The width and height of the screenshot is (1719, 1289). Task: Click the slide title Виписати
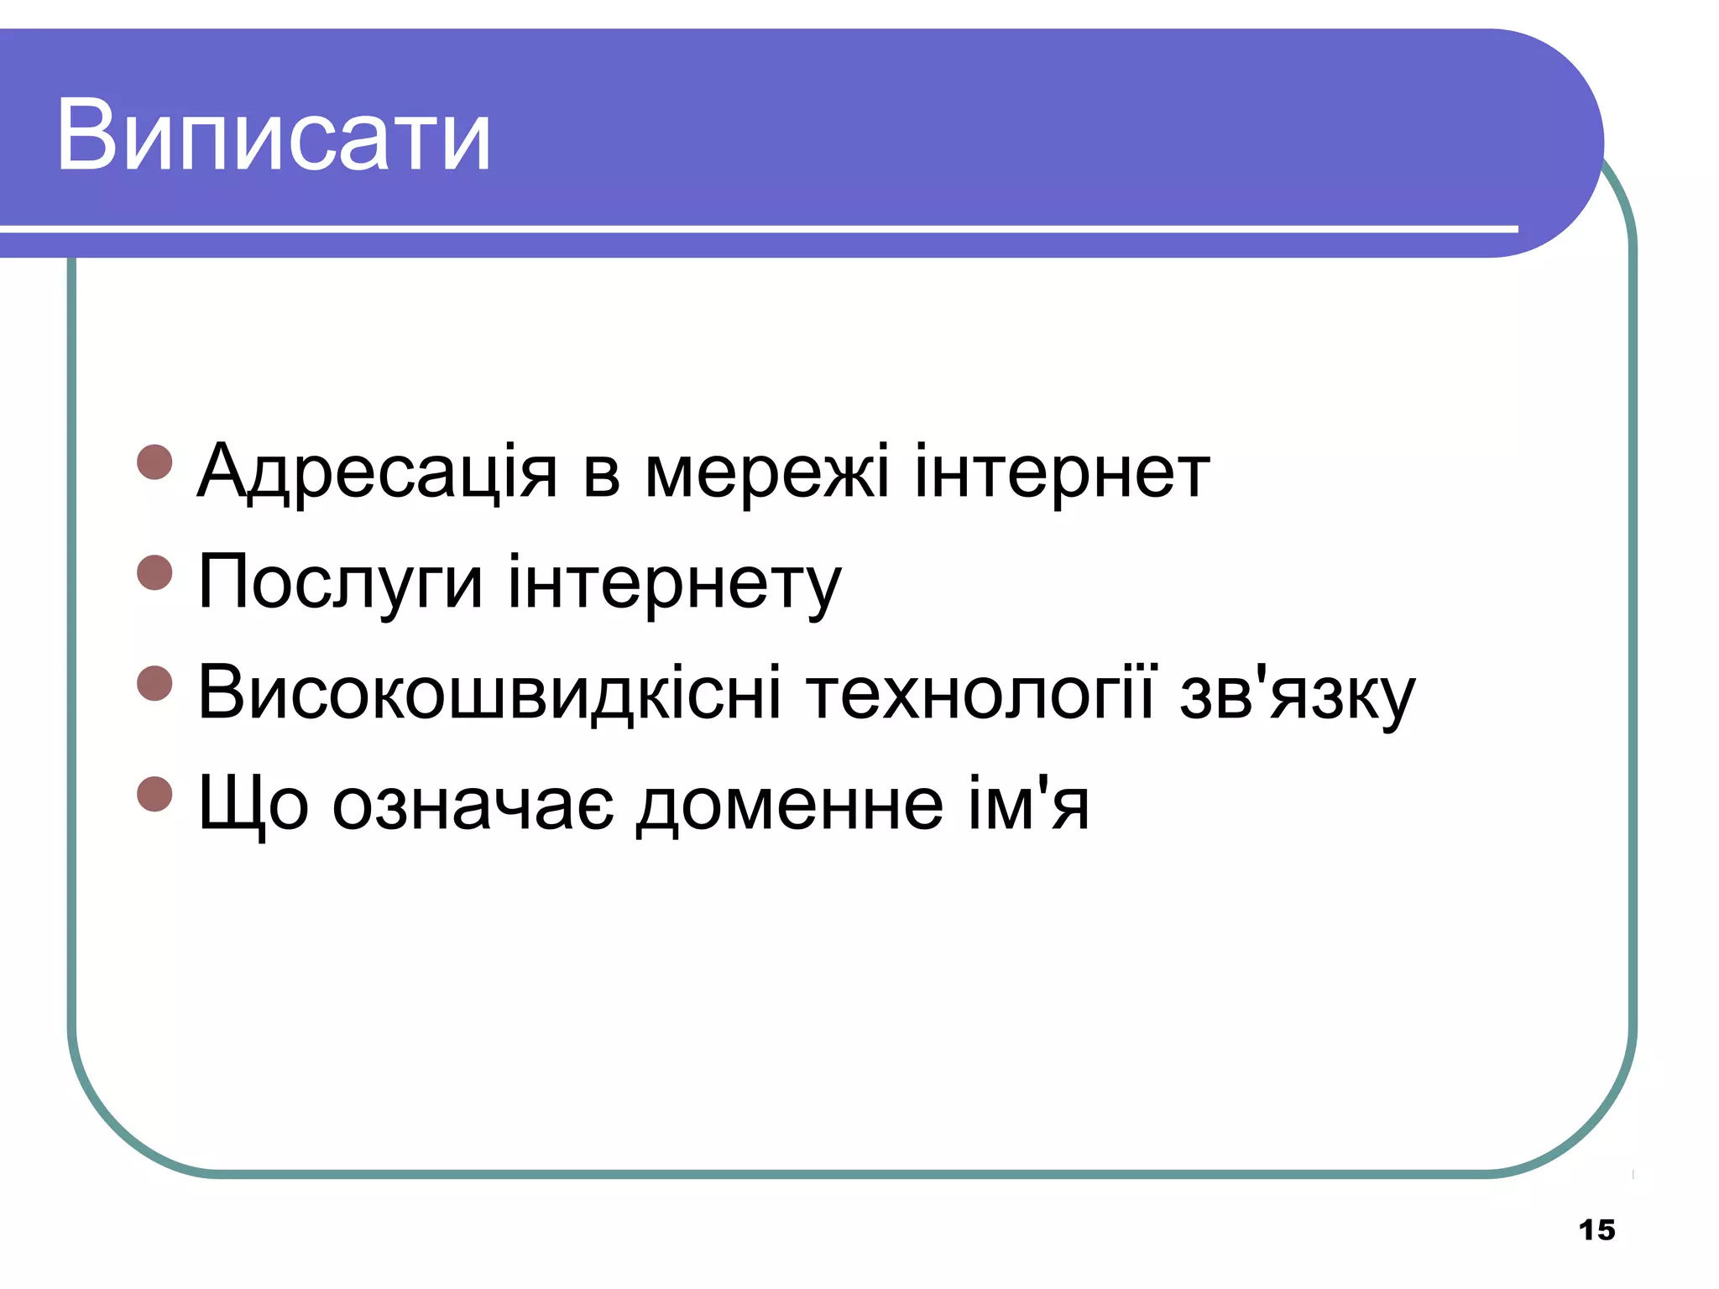click(274, 136)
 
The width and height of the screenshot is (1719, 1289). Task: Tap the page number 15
click(1596, 1230)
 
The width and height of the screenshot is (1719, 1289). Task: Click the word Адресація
click(377, 472)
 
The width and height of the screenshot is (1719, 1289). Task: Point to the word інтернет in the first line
click(1062, 472)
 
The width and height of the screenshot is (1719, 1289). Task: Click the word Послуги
click(340, 583)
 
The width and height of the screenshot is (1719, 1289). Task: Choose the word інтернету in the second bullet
click(674, 583)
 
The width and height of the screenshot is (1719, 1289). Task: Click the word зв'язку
click(1297, 694)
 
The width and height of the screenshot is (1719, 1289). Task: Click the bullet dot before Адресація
click(154, 462)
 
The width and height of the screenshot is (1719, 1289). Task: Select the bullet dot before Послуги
click(154, 572)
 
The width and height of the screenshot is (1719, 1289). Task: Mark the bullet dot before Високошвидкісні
click(154, 683)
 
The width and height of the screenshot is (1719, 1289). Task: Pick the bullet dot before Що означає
click(154, 794)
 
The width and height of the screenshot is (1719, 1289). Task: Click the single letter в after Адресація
click(601, 474)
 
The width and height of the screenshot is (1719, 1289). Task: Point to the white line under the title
click(755, 228)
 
